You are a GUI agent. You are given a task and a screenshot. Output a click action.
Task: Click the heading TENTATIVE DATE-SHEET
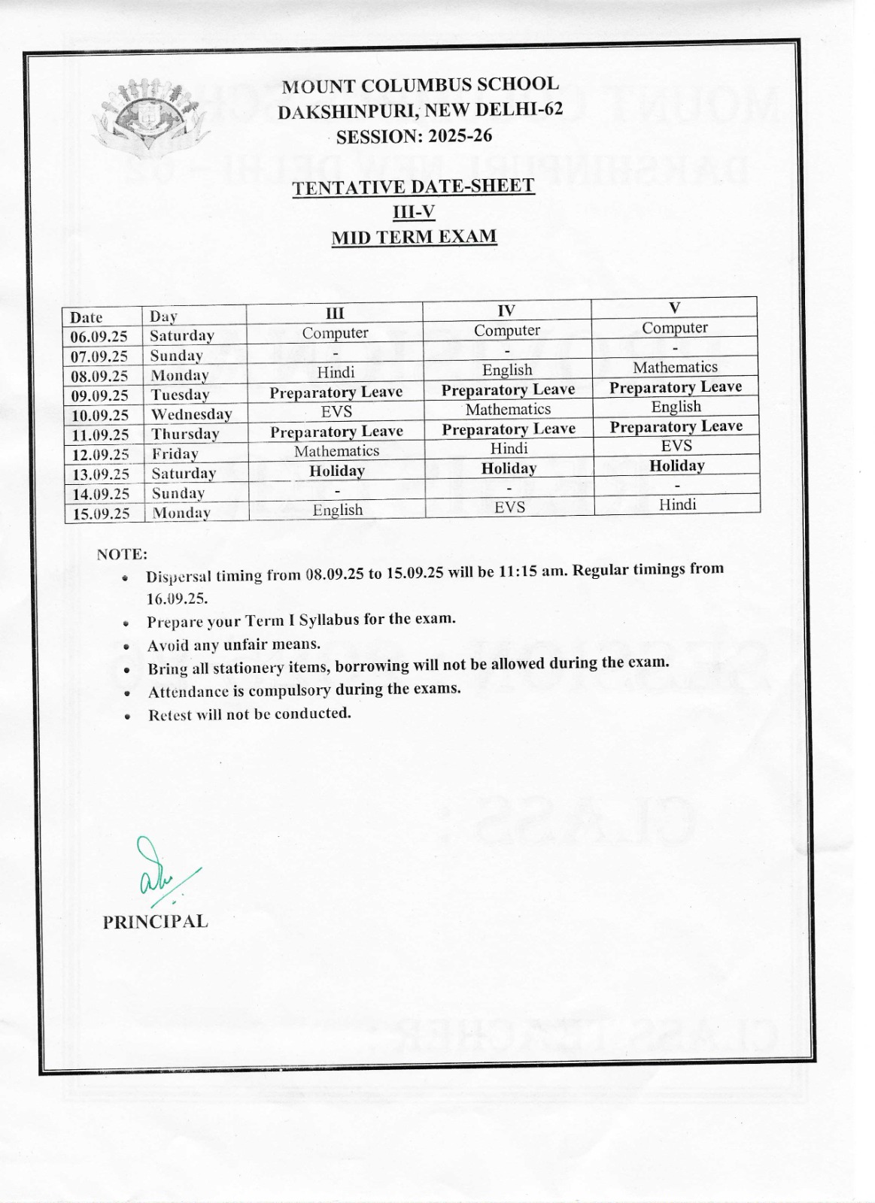413,186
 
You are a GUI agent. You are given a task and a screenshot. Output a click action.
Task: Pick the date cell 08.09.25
99,376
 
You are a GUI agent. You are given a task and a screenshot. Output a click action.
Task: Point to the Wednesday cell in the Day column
191,414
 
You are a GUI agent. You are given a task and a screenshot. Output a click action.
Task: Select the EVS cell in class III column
336,412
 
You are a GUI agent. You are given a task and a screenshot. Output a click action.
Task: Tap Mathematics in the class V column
675,367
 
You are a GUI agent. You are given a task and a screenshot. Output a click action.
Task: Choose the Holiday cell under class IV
509,468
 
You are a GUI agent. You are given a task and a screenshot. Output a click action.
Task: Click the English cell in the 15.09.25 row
338,510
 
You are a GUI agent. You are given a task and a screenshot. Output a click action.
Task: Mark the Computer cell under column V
674,328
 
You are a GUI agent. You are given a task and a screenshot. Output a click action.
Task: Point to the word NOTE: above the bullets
122,555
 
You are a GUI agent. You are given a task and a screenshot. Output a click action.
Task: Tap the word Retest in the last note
170,715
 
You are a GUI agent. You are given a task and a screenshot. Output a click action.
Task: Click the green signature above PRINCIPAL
160,872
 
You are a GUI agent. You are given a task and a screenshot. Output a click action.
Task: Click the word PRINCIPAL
155,922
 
